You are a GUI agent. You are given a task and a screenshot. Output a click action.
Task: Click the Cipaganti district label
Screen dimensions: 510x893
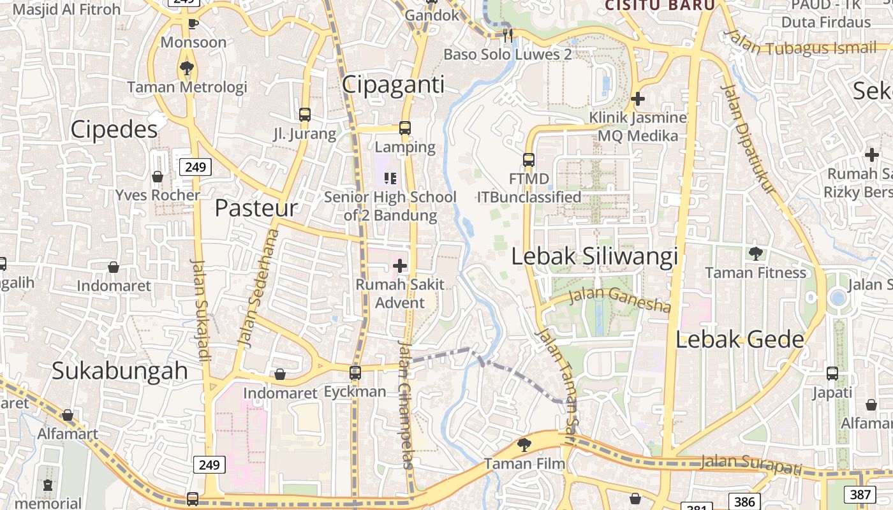coord(393,85)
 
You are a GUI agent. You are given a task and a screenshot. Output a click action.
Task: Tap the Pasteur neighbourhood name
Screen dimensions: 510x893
coord(256,208)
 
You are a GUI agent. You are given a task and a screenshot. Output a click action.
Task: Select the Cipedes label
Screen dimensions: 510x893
coord(114,129)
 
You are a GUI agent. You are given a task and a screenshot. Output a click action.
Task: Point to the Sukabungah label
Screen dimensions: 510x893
coord(120,370)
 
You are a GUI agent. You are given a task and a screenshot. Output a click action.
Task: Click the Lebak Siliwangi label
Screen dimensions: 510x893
coord(594,256)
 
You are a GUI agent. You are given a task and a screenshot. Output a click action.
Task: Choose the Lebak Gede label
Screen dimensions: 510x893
coord(740,339)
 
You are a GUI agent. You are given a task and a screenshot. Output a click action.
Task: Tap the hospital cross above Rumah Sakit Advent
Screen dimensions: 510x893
coord(400,265)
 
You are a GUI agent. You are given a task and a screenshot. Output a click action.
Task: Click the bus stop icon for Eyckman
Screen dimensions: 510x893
coord(355,372)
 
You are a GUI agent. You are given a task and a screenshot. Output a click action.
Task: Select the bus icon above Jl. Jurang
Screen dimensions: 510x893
coord(305,115)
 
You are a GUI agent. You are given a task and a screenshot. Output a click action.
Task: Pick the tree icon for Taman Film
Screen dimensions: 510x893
coord(524,444)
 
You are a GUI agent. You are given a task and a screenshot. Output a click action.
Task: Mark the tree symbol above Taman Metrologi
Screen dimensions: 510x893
coord(187,68)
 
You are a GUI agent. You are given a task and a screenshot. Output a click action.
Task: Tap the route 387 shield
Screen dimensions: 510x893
coord(860,494)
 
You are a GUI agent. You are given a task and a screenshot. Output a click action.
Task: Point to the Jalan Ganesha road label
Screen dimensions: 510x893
coord(619,299)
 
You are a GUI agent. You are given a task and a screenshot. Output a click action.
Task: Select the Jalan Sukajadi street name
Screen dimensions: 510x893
coord(200,310)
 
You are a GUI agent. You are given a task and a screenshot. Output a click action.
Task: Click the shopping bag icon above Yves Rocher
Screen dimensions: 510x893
coord(158,177)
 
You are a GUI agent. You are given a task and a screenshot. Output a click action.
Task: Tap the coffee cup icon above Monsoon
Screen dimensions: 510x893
coord(193,24)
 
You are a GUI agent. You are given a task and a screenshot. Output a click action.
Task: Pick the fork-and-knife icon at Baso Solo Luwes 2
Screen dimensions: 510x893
coord(508,35)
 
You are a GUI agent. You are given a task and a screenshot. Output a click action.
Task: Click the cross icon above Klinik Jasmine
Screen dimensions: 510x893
coord(637,99)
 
